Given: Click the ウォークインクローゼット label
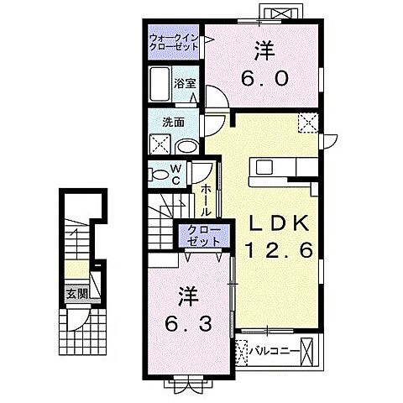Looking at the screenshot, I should tap(175, 43).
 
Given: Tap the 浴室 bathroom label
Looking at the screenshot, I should tap(185, 83).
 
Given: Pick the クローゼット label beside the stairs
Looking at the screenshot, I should tap(200, 235).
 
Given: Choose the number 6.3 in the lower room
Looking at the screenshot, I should tap(187, 323).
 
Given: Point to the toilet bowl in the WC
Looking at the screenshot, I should tap(157, 174).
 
